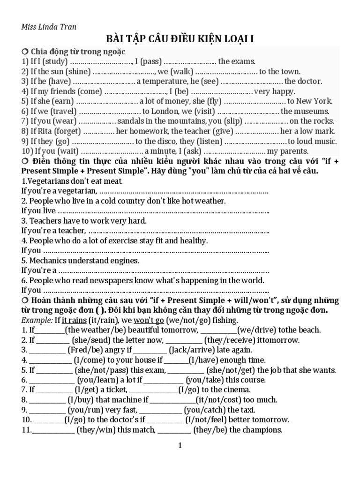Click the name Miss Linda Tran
[49, 27]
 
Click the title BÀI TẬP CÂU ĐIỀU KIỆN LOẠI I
[180, 39]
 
